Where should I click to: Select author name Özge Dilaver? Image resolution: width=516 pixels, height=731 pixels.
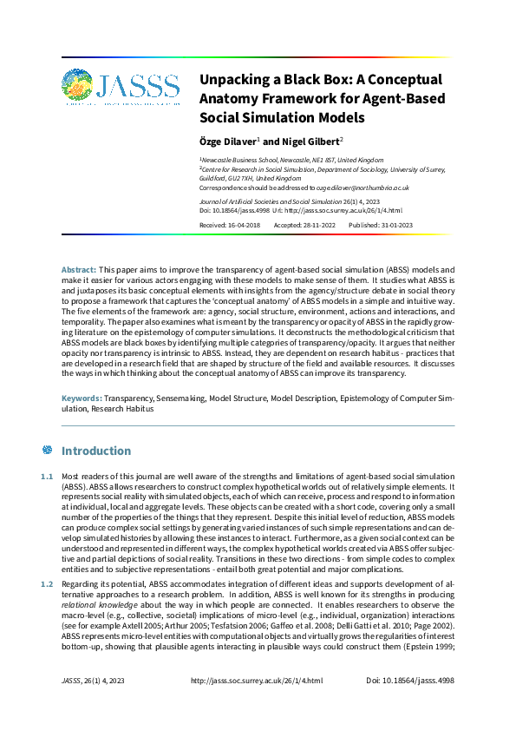click(x=227, y=141)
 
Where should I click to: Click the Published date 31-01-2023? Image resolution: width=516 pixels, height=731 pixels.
click(x=394, y=224)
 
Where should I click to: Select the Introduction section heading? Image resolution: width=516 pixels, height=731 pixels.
click(x=96, y=451)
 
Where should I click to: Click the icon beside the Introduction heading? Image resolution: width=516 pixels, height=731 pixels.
click(x=48, y=451)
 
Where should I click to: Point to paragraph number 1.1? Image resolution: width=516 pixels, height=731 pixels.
click(x=48, y=477)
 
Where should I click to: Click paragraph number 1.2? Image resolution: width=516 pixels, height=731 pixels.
click(x=48, y=587)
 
